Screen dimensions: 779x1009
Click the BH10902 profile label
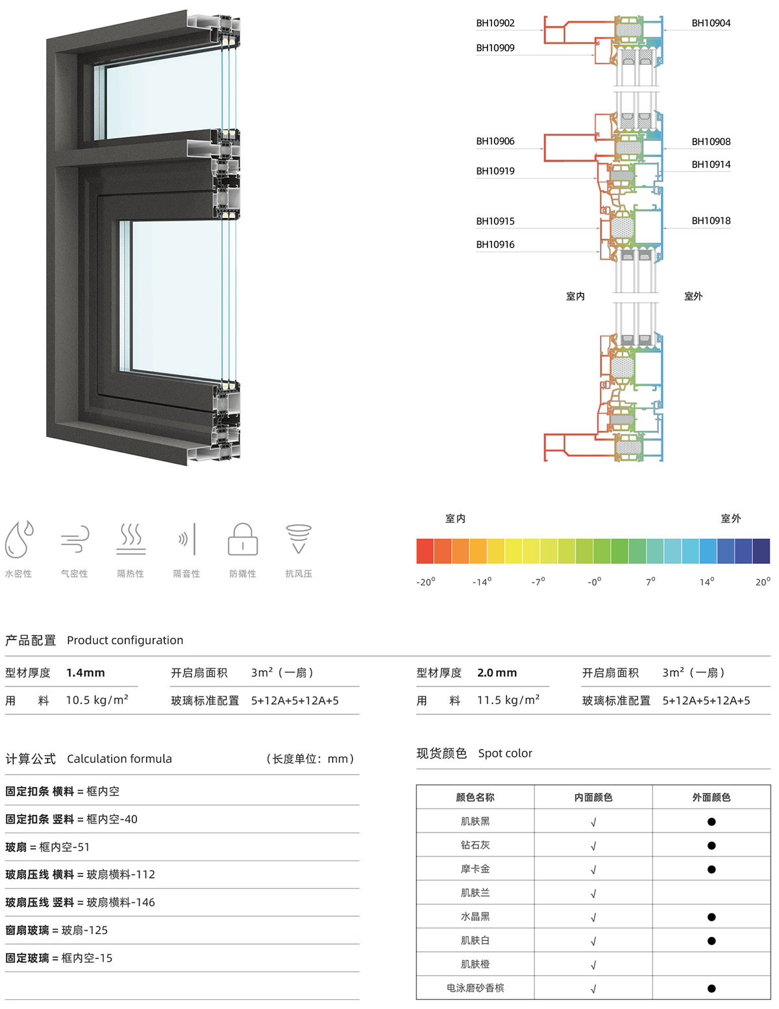[x=495, y=23]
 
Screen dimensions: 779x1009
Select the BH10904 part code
[x=711, y=23]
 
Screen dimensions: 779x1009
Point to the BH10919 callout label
[x=495, y=171]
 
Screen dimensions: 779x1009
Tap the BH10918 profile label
[x=711, y=221]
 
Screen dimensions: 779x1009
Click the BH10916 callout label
[x=495, y=244]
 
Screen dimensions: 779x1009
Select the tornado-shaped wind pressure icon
[x=299, y=539]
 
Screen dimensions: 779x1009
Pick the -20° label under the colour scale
[x=425, y=581]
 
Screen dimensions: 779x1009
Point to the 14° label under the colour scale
[x=706, y=581]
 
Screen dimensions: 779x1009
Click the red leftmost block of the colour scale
[x=425, y=551]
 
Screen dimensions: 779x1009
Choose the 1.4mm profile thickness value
[x=86, y=672]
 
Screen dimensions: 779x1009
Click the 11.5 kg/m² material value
[x=508, y=699]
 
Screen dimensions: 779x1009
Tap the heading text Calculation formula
[x=119, y=759]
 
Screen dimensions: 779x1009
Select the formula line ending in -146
[x=80, y=902]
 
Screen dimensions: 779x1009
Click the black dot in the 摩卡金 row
[x=711, y=869]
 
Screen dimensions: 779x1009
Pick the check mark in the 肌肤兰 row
[x=593, y=894]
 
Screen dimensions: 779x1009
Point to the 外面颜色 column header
[x=711, y=797]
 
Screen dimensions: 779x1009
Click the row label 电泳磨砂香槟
[x=475, y=988]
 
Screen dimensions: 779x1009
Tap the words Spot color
[x=505, y=753]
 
